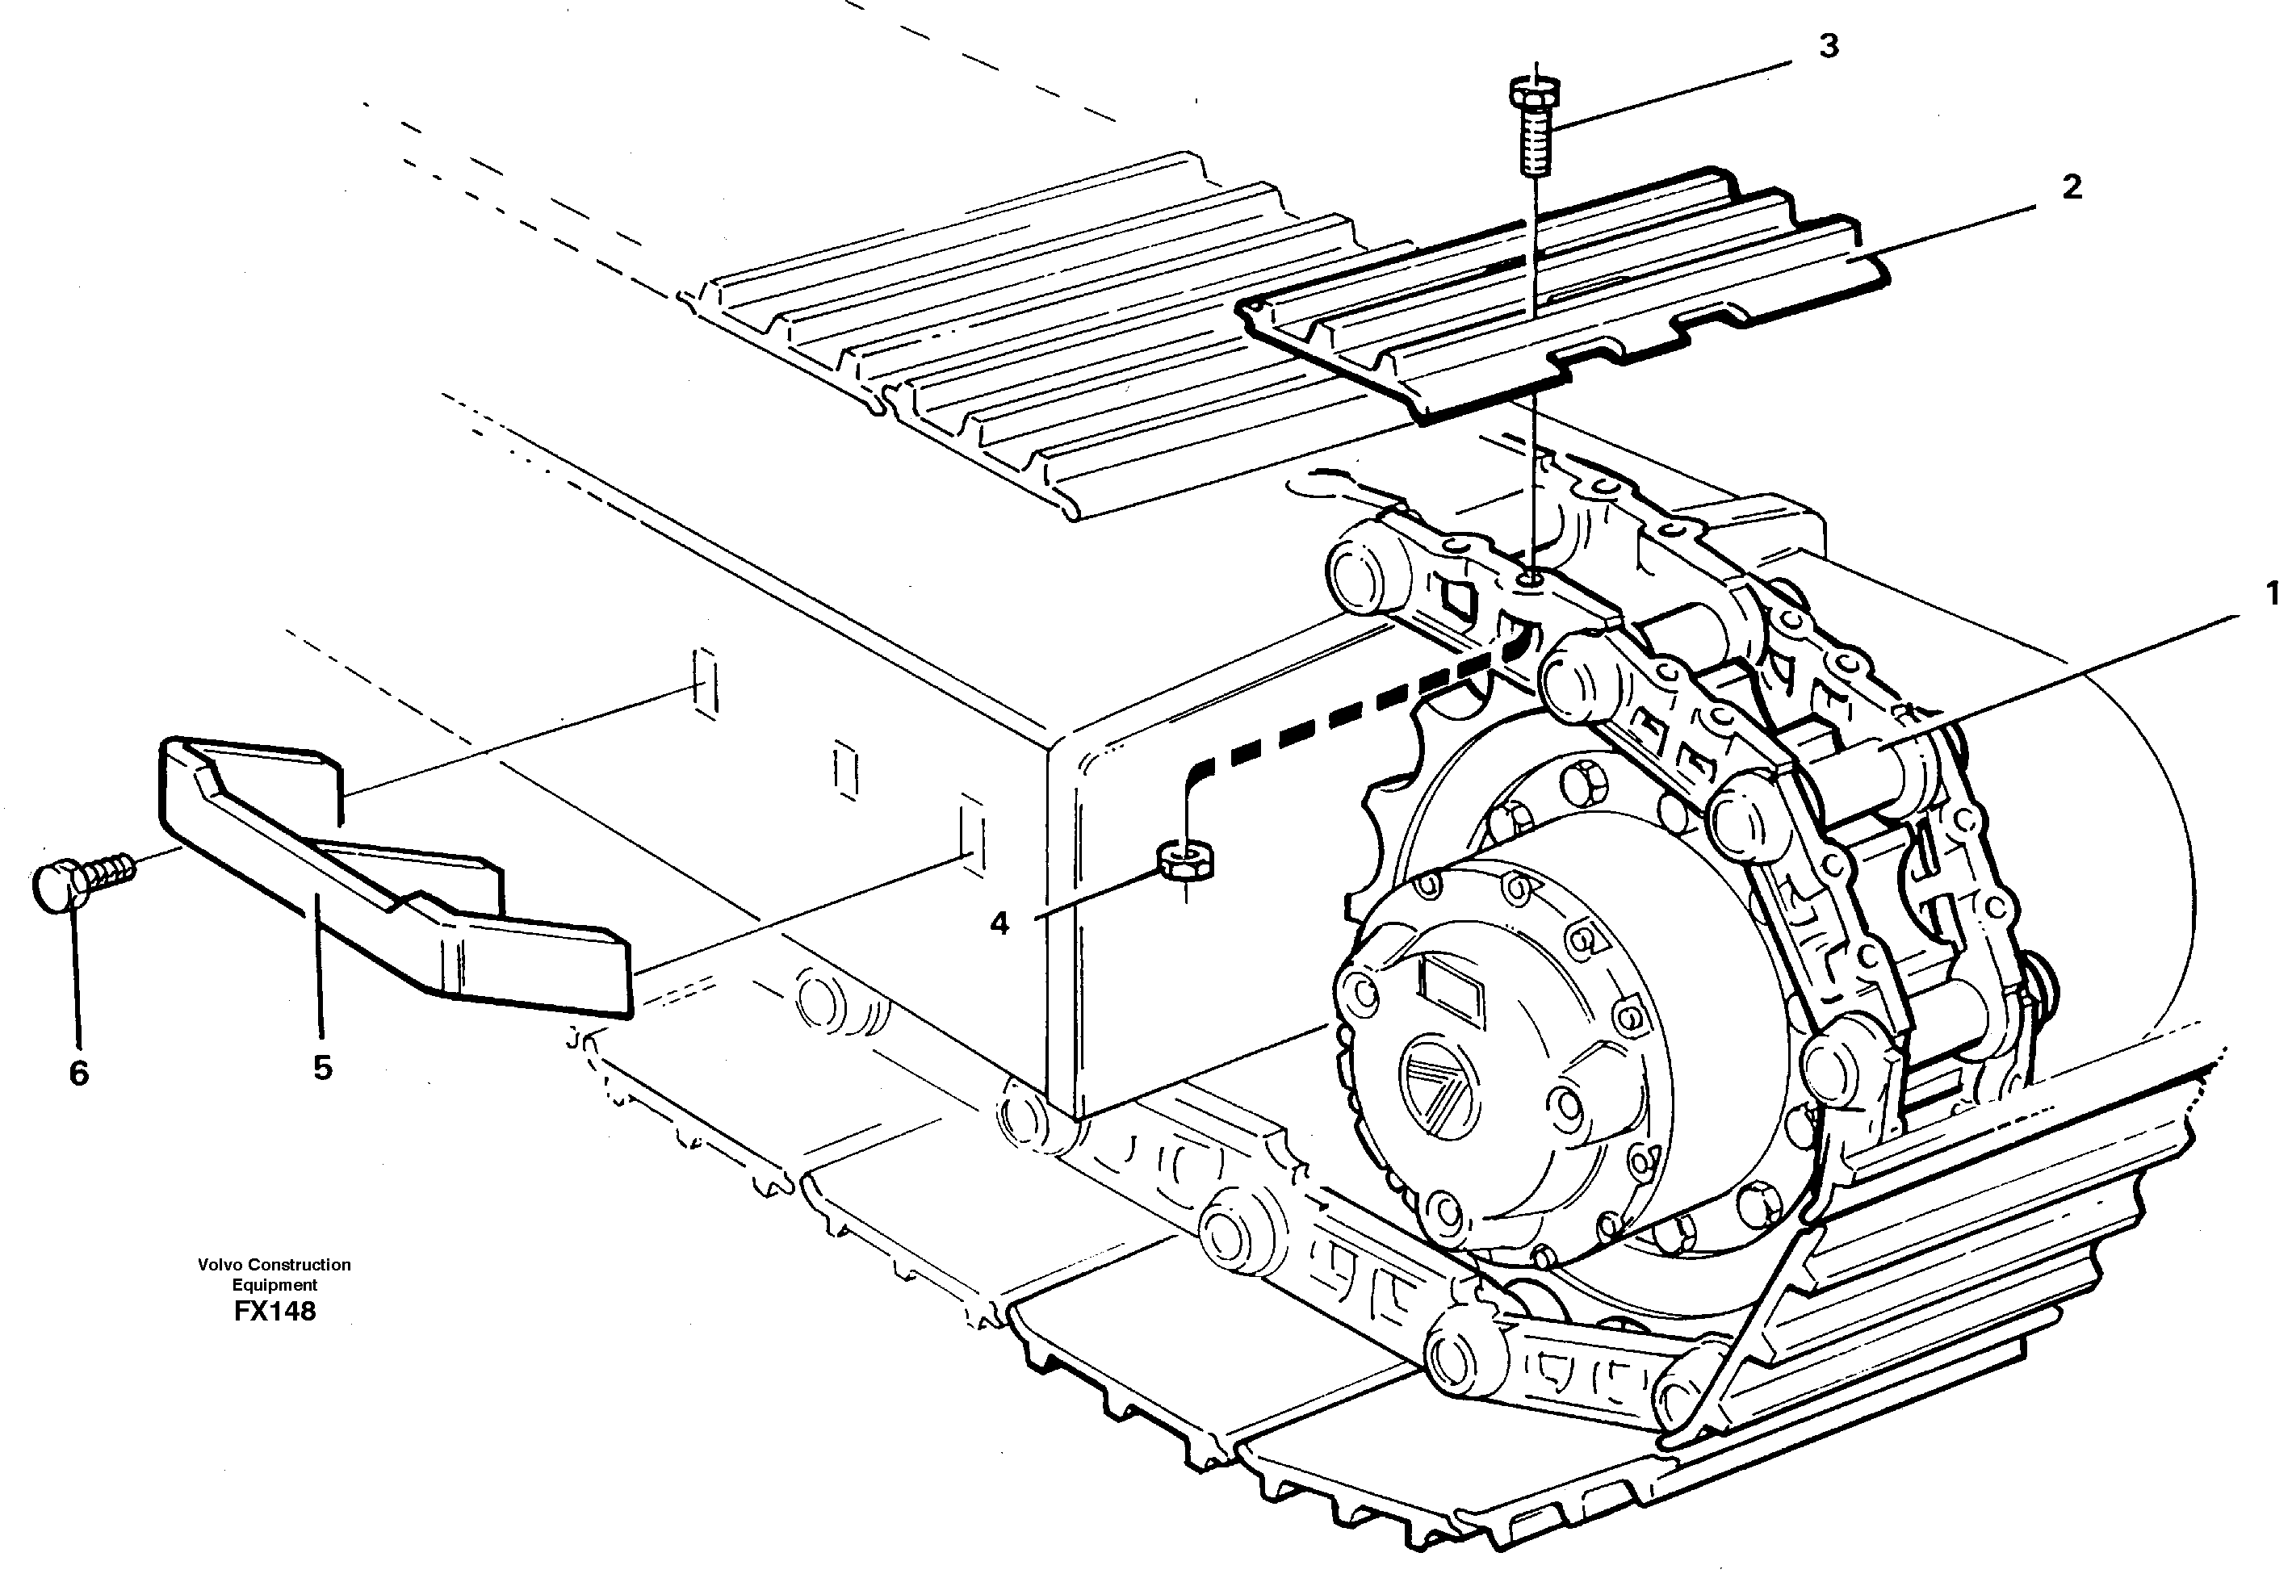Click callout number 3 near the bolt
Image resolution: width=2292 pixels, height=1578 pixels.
(x=1829, y=47)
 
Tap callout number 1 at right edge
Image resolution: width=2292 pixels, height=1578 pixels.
(x=2270, y=593)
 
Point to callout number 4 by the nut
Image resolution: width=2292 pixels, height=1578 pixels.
(x=999, y=923)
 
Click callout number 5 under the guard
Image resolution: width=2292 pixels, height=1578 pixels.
(x=322, y=1067)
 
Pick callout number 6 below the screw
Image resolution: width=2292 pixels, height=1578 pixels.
(x=79, y=1073)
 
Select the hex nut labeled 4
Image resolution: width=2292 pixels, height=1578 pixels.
(x=1183, y=858)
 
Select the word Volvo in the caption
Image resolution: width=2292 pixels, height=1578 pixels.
(x=220, y=1265)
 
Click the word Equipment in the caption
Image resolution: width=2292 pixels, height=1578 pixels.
(x=274, y=1285)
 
